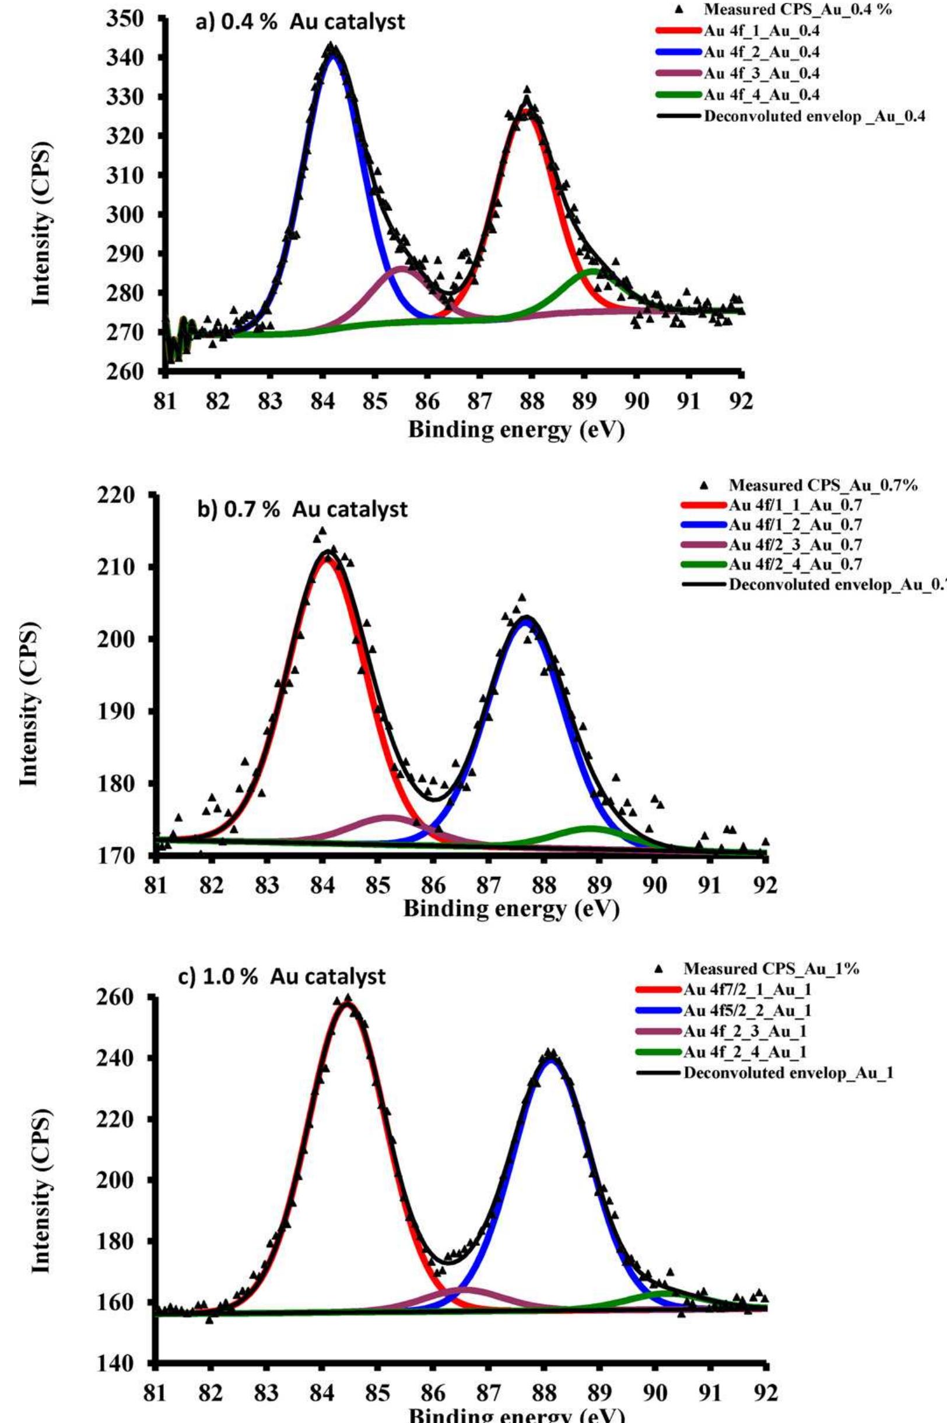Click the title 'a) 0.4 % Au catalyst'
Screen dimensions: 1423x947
300,22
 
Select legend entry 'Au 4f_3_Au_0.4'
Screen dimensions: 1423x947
761,73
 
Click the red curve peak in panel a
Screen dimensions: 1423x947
527,111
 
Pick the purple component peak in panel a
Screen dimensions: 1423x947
401,267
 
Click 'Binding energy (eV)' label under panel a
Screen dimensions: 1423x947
517,429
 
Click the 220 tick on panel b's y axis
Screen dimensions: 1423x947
117,495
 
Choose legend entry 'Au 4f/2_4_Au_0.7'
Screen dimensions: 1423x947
795,564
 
